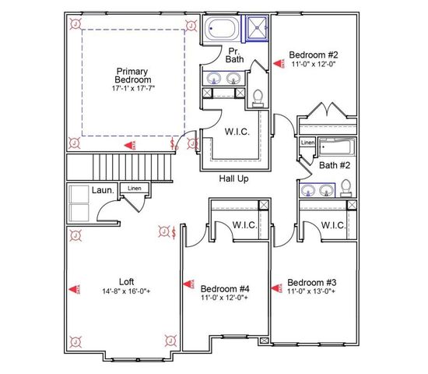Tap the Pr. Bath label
(x=235, y=54)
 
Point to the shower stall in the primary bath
(x=256, y=30)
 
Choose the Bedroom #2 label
(x=314, y=55)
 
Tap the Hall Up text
(x=233, y=179)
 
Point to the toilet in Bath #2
(x=346, y=188)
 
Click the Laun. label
(x=104, y=189)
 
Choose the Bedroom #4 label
(x=224, y=286)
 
